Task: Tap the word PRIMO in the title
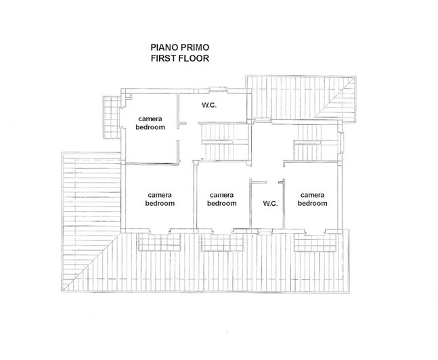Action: pyautogui.click(x=196, y=48)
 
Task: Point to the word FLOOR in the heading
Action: pyautogui.click(x=196, y=59)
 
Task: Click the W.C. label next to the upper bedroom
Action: pyautogui.click(x=211, y=106)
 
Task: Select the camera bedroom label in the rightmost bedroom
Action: pyautogui.click(x=313, y=199)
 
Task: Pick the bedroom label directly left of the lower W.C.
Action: pyautogui.click(x=221, y=199)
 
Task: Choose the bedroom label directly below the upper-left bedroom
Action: pyautogui.click(x=160, y=199)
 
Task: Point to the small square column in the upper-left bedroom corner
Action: pyautogui.click(x=127, y=97)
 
